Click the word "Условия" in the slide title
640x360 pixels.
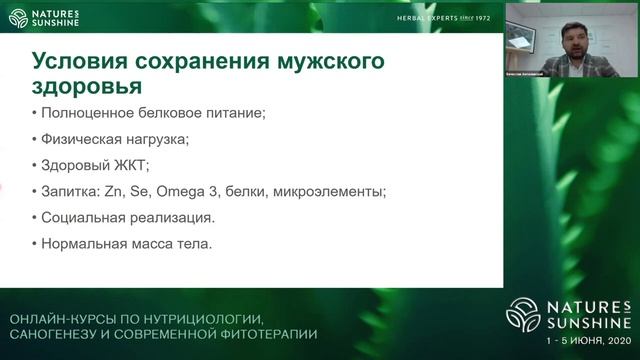[69, 62]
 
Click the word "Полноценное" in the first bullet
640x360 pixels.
[81, 113]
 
